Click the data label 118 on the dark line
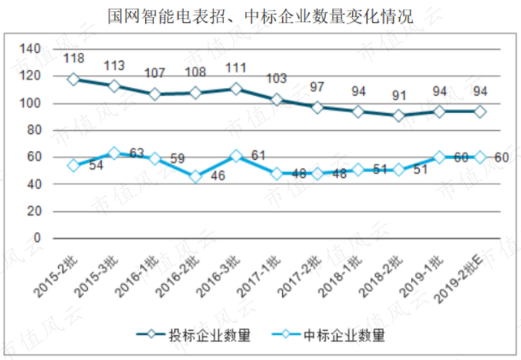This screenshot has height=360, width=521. [74, 57]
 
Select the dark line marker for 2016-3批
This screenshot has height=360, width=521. [236, 89]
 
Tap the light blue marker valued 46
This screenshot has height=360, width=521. [195, 177]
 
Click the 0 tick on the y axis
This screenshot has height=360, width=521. [36, 239]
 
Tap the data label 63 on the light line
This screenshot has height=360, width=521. [136, 154]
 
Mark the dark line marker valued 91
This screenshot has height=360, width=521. [399, 115]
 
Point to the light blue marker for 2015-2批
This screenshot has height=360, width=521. [73, 166]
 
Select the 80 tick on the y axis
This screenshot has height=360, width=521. [33, 131]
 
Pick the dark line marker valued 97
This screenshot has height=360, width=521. [317, 107]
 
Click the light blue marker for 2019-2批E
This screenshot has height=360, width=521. [480, 157]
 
